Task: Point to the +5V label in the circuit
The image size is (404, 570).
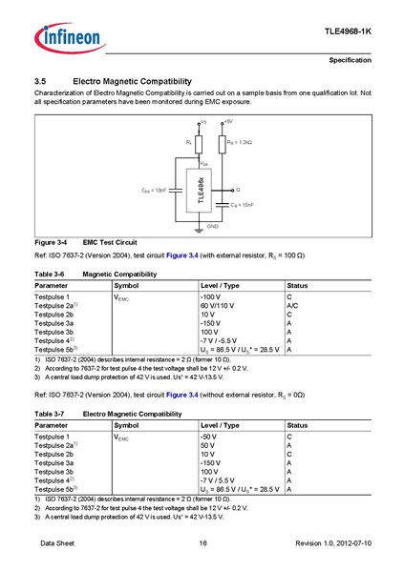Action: [227, 123]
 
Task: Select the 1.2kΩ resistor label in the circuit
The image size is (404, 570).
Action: [239, 142]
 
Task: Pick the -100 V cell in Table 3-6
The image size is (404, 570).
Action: [212, 298]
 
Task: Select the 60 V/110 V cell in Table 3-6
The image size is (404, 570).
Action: [219, 307]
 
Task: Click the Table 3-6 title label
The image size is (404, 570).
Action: [49, 275]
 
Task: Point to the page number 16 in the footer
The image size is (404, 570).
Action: [202, 542]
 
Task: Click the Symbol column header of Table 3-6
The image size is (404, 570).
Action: [127, 286]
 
